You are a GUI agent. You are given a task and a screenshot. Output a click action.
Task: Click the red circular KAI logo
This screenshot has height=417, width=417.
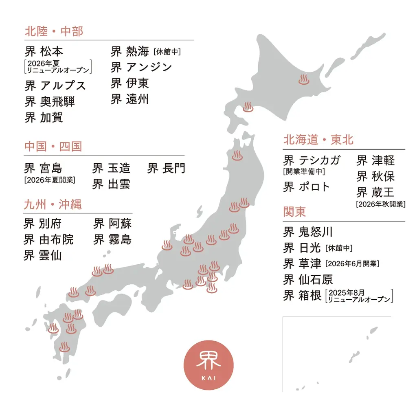pos(208,365)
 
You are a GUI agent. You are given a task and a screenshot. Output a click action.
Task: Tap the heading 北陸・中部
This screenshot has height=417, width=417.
pos(54,31)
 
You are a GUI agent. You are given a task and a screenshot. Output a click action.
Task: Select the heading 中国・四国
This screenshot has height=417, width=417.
pos(53,147)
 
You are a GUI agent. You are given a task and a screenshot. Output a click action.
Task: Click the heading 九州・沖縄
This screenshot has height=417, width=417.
pos(53,204)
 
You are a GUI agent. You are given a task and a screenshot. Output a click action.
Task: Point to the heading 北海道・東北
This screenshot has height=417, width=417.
pos(318,140)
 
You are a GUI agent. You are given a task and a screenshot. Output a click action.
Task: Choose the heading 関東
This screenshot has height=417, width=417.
pos(294,212)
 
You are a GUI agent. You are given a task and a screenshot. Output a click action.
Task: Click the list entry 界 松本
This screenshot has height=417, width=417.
pos(44,52)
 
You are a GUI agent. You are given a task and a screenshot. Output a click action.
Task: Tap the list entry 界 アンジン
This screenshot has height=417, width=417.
pos(141,67)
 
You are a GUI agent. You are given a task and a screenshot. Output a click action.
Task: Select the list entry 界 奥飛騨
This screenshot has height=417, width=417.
pos(50,101)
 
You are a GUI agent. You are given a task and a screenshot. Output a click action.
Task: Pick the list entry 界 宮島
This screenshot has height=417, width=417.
pos(43,168)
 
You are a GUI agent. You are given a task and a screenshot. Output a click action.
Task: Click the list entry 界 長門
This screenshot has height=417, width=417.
pos(166,168)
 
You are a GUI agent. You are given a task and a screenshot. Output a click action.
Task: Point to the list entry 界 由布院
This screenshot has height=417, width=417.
pos(48,239)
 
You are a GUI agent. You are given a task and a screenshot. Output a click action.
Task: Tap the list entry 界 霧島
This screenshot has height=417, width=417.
pos(112,239)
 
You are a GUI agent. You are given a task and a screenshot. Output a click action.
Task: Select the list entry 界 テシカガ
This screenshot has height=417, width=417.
pos(312,160)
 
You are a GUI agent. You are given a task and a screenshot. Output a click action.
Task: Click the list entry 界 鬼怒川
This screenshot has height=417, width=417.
pos(308,232)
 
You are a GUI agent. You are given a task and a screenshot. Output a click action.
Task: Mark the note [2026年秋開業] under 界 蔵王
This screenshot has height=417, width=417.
pos(381,204)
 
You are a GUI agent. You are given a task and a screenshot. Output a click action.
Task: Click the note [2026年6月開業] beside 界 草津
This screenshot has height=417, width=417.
pos(353,264)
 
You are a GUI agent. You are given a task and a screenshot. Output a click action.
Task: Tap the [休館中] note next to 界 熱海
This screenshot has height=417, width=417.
pos(167,52)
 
